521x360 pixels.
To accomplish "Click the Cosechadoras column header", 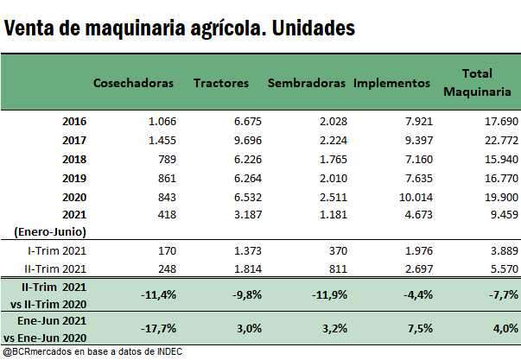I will tap(134, 84).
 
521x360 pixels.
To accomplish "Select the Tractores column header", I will tap(221, 84).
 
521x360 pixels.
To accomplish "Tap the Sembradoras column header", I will tap(308, 84).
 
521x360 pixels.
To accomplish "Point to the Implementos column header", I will tap(391, 84).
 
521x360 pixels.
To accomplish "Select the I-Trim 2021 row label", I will tap(57, 250).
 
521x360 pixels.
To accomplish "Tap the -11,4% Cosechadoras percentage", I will tap(158, 294).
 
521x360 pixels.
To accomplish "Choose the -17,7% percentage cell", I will tap(158, 327).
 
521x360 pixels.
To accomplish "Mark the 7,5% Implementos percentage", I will tap(418, 327).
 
